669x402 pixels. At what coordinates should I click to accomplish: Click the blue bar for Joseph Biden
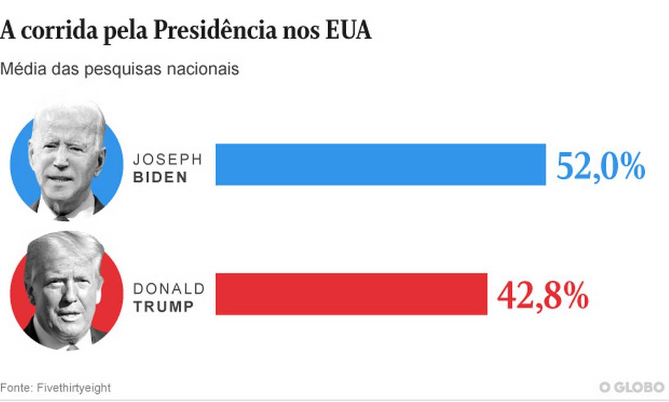pos(380,164)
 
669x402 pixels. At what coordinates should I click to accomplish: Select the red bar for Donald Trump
pos(351,294)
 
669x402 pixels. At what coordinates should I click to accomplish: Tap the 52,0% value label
pos(600,166)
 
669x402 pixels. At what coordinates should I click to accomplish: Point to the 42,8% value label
pos(543,297)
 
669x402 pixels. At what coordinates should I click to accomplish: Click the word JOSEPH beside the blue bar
pos(168,159)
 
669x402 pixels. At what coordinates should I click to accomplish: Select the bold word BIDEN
pos(160,177)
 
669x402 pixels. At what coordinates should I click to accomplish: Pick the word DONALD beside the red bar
pos(169,289)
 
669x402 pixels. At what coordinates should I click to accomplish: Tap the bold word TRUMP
pos(163,306)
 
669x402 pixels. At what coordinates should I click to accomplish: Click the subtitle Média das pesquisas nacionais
pos(120,68)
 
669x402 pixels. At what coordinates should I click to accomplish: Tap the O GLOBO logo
pos(631,387)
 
